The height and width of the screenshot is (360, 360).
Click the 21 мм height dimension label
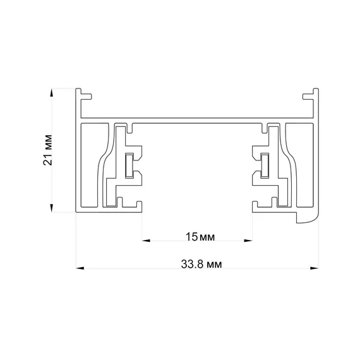[x=47, y=150]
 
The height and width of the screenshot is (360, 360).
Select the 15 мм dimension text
[x=200, y=237]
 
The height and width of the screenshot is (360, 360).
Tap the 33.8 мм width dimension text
[x=201, y=264]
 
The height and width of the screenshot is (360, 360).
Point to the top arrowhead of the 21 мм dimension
[x=52, y=92]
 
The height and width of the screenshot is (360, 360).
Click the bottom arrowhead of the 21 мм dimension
[x=52, y=208]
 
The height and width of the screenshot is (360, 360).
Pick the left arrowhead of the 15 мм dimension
[x=147, y=241]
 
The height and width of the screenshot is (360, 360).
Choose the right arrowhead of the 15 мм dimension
[x=248, y=241]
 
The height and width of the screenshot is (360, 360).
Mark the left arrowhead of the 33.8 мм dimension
[x=80, y=268]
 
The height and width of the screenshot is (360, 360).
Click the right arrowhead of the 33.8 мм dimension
[x=315, y=268]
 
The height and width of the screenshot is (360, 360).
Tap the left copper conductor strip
[x=129, y=165]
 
